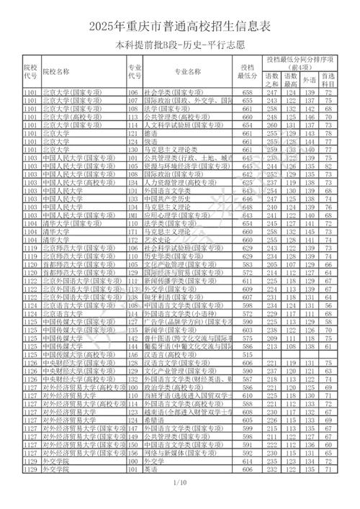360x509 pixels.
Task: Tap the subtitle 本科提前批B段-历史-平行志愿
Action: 179,45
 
